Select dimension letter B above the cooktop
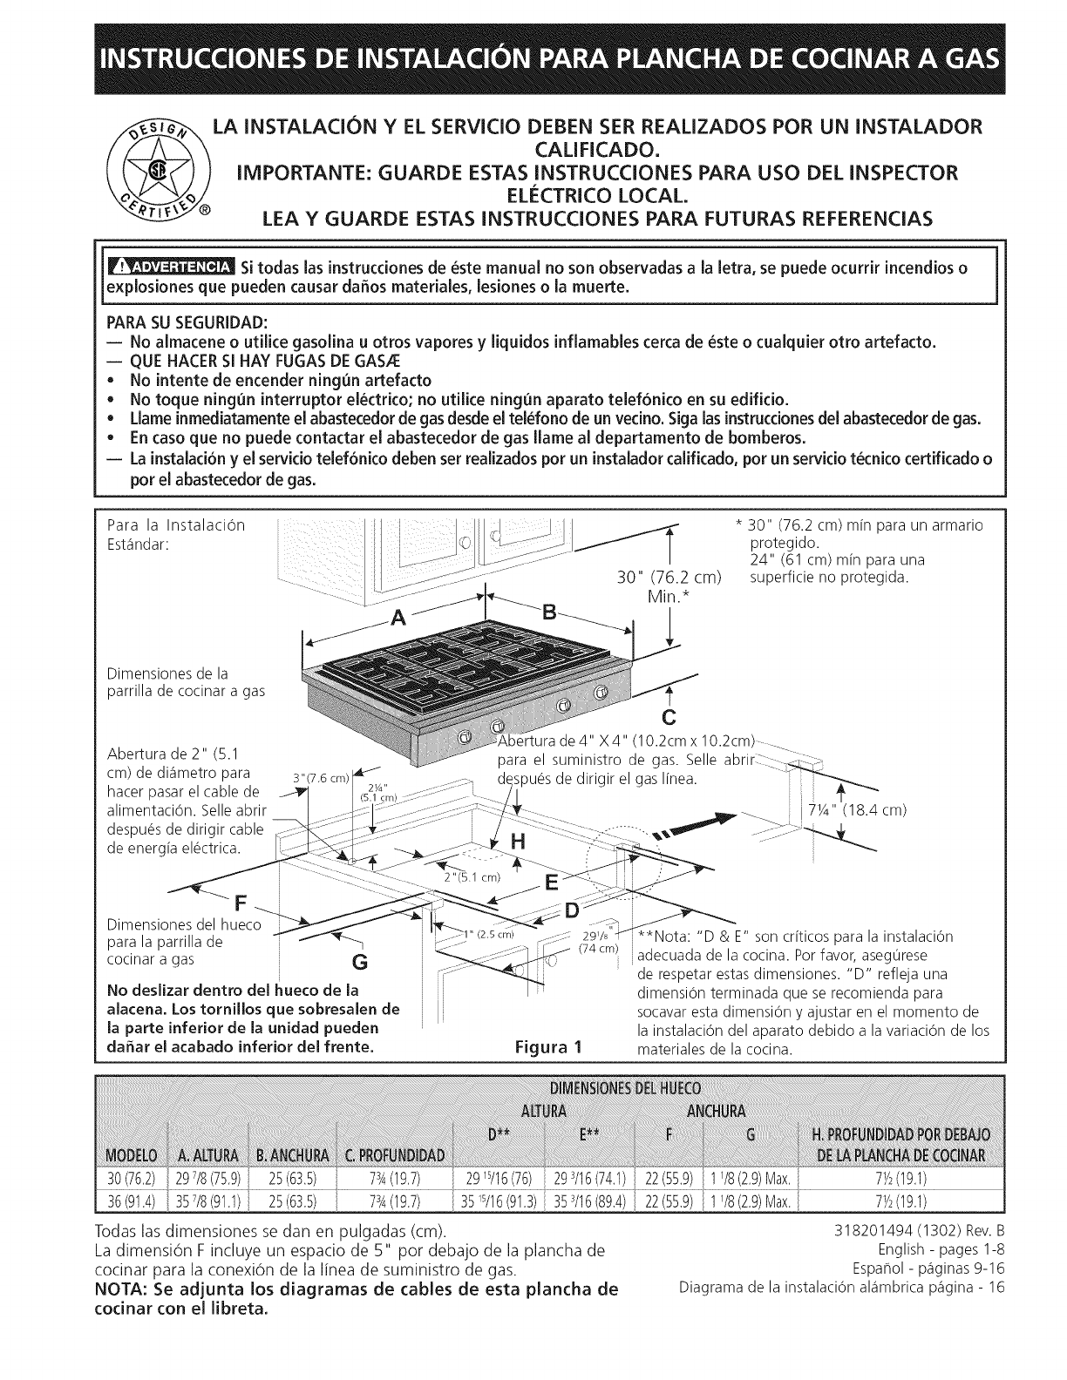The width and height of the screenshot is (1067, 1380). tap(549, 609)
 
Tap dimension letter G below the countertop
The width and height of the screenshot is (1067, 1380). tap(360, 962)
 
